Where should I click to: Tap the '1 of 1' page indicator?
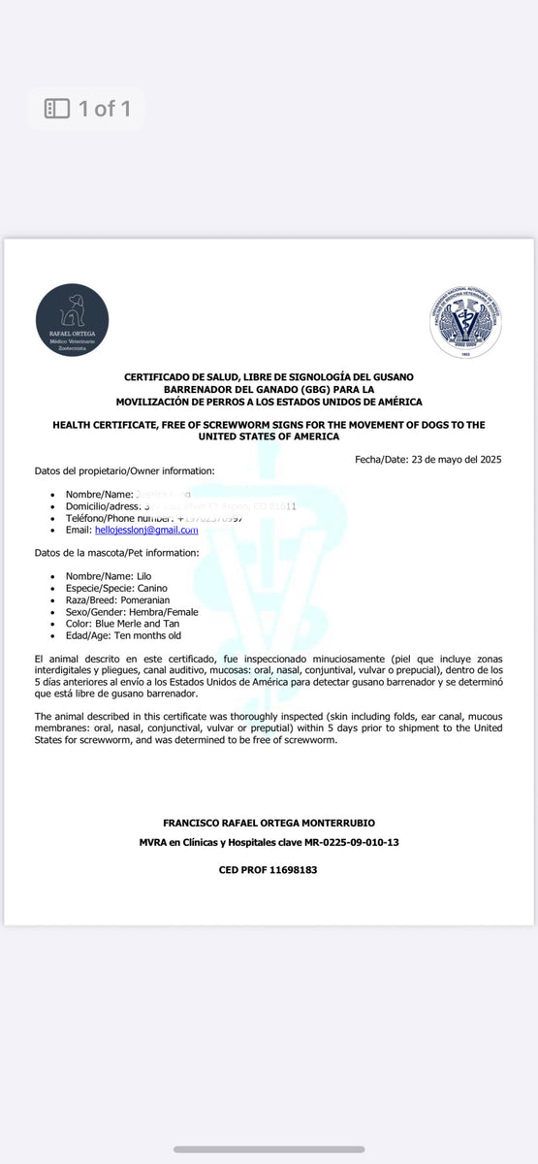(87, 108)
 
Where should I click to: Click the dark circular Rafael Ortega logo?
(72, 320)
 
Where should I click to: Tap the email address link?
(146, 531)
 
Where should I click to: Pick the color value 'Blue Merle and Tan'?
(138, 625)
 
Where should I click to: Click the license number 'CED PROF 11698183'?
(268, 870)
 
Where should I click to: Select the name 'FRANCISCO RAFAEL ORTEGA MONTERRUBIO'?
(269, 823)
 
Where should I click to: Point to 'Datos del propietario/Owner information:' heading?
(125, 471)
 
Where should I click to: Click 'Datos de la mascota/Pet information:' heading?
(117, 553)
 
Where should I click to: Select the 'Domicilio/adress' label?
(104, 507)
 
